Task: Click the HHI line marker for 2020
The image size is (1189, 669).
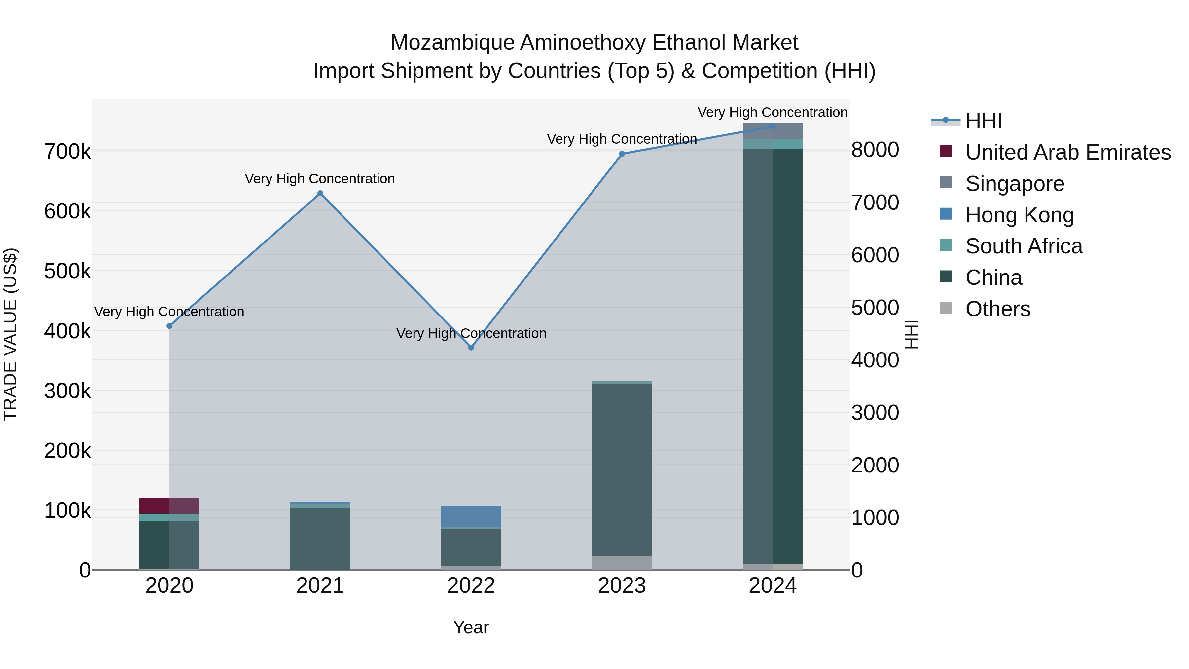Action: [169, 326]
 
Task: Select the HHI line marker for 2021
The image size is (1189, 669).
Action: [320, 194]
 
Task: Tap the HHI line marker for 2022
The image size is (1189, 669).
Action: [471, 347]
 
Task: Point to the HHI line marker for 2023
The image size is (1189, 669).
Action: [622, 154]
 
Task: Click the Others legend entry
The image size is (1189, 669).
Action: [997, 309]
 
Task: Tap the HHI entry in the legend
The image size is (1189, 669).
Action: [983, 121]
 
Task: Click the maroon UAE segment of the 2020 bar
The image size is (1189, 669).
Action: [169, 505]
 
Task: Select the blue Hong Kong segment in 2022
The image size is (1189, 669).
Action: [471, 516]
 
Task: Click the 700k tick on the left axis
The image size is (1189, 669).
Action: [67, 151]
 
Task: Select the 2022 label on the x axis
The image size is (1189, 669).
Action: [471, 586]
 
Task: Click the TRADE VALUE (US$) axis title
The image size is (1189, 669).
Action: [10, 334]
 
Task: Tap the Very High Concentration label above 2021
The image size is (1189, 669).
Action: [319, 179]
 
